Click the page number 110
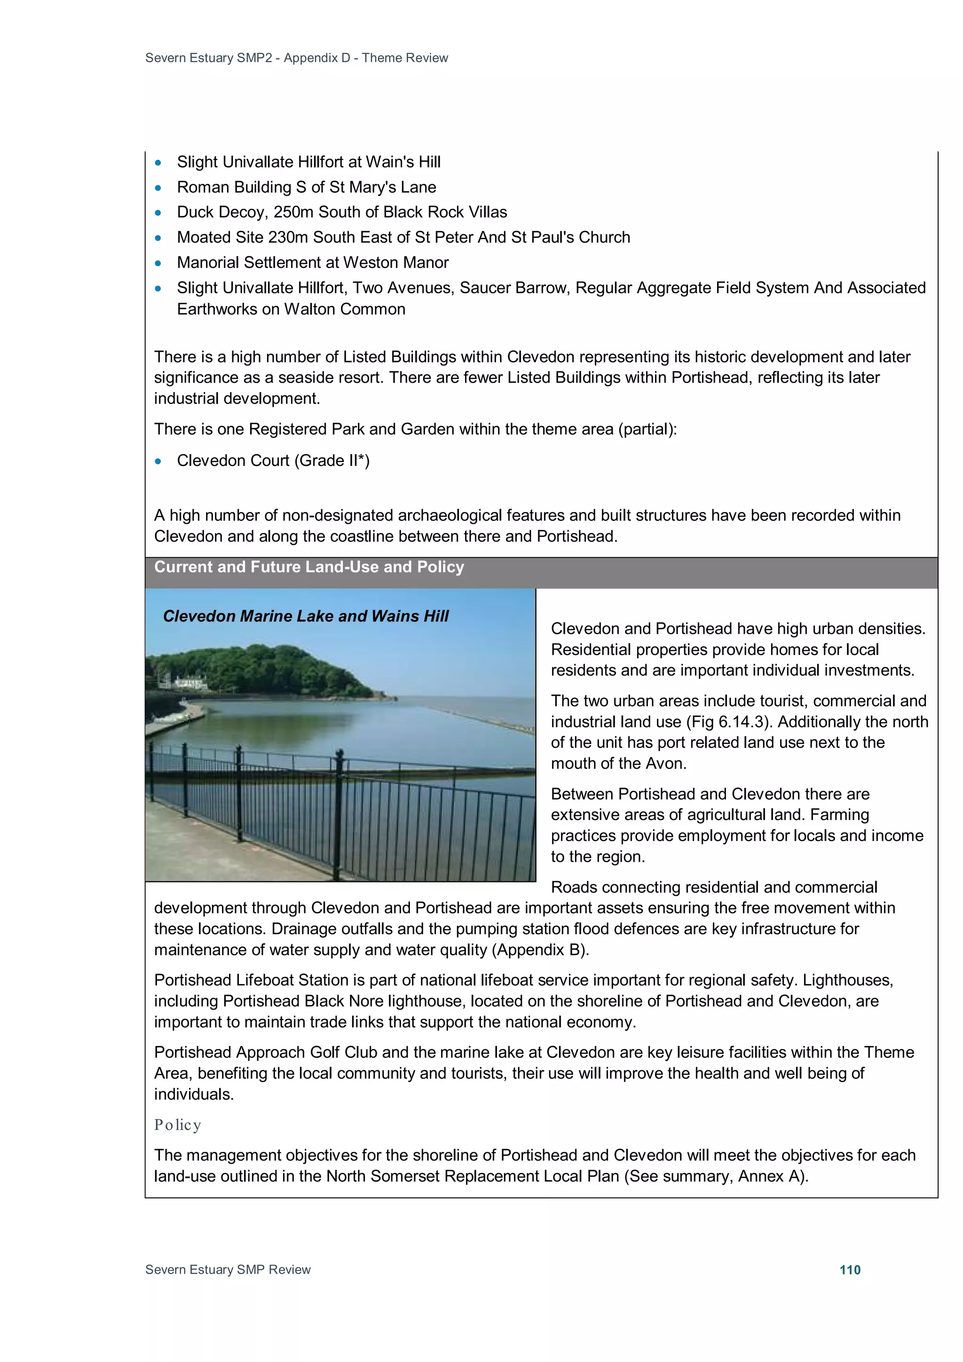pyautogui.click(x=850, y=1269)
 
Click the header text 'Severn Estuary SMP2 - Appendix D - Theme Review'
pyautogui.click(x=296, y=57)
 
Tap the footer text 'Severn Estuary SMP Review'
pyautogui.click(x=228, y=1269)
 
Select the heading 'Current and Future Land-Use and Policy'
pyautogui.click(x=309, y=567)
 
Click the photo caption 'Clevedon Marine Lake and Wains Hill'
pyautogui.click(x=306, y=616)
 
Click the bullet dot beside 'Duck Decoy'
pyautogui.click(x=158, y=213)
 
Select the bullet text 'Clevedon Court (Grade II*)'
pyautogui.click(x=273, y=460)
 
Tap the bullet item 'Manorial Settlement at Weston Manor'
pyautogui.click(x=313, y=262)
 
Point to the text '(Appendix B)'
pyautogui.click(x=539, y=950)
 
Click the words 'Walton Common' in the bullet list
pyautogui.click(x=344, y=309)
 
